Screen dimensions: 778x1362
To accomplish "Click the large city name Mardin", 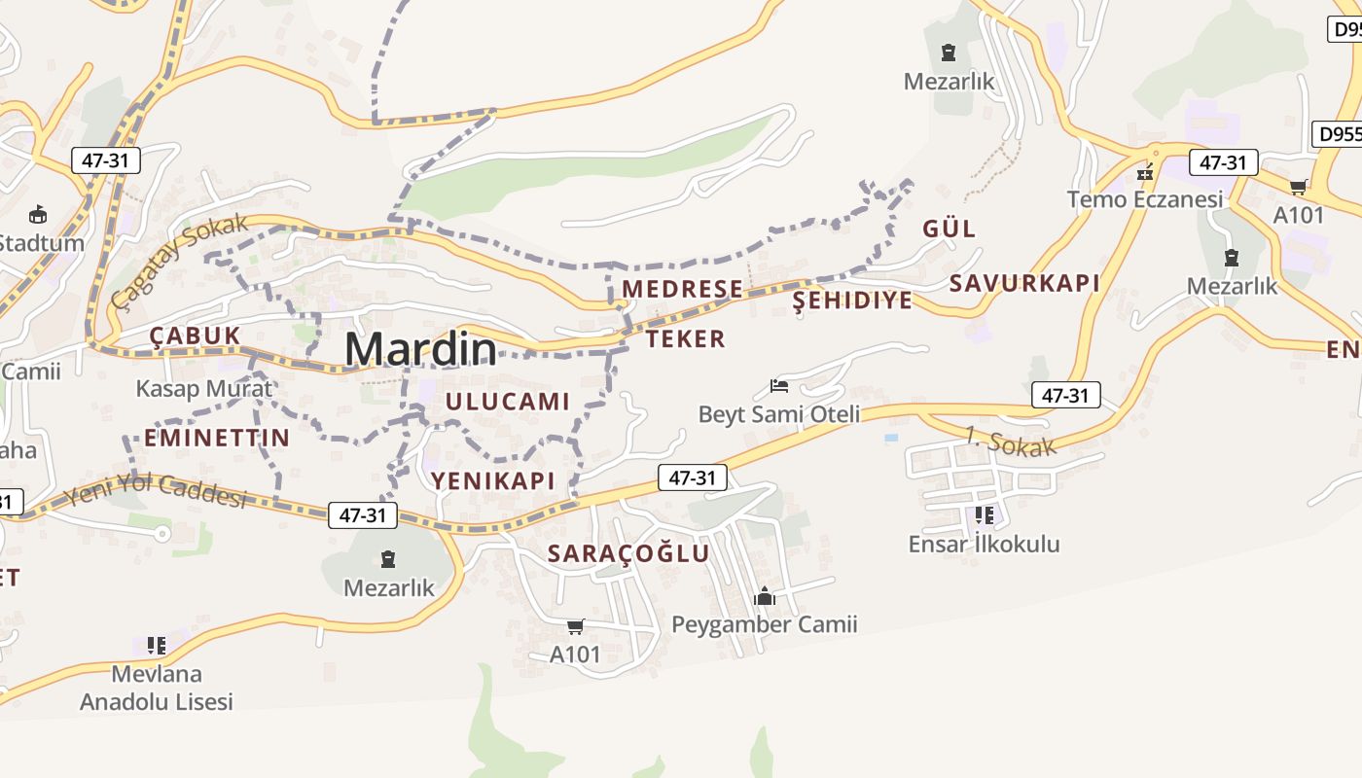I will (x=419, y=349).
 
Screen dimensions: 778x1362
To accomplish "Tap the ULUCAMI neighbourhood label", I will (x=507, y=401).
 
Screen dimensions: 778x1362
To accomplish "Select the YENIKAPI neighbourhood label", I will (x=493, y=480).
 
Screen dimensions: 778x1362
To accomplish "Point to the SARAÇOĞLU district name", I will (x=628, y=553).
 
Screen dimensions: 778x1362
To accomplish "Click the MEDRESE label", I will (x=682, y=289).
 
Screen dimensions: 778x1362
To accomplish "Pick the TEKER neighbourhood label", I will (x=686, y=338).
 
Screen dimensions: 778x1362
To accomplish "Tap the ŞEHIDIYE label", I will (x=853, y=300).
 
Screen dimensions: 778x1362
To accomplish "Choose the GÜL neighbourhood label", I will (x=949, y=229).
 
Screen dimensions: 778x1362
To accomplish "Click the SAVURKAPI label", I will (x=1024, y=283).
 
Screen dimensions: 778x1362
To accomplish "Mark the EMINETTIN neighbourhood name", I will (x=217, y=438).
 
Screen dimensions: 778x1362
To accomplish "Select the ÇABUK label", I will (x=195, y=336).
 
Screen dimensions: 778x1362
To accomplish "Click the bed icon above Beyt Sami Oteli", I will (x=779, y=386).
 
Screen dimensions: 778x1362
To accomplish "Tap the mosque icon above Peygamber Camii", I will (x=765, y=596).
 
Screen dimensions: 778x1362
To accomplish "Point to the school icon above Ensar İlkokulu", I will (x=984, y=514).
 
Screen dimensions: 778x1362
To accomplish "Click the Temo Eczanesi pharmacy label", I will (x=1145, y=199).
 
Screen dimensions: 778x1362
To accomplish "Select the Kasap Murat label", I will (x=204, y=389).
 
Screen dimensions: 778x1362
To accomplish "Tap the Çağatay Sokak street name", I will (x=179, y=260).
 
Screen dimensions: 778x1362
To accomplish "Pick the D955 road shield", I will (x=1339, y=134).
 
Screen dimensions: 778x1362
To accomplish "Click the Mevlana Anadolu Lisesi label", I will (x=157, y=688).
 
